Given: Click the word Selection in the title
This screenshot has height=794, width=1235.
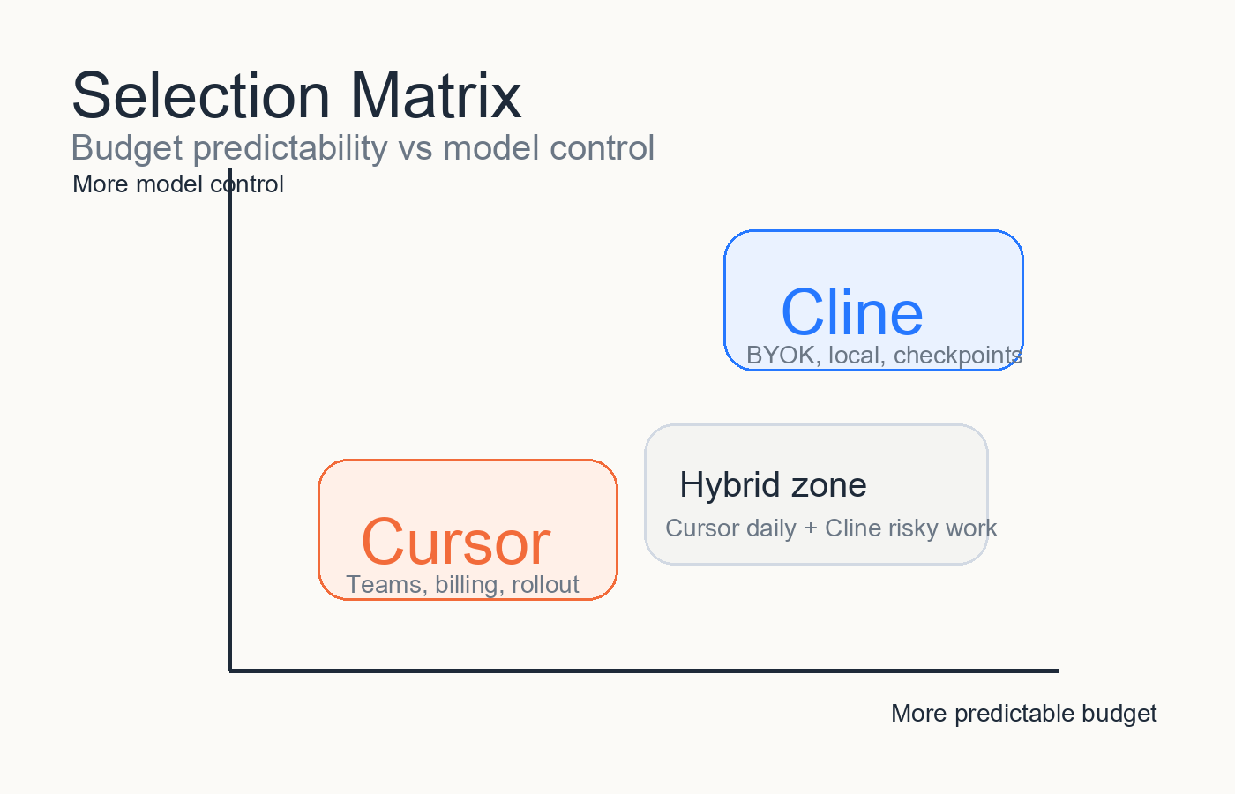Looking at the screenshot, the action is click(x=201, y=95).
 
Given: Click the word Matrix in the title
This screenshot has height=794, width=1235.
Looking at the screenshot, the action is click(x=436, y=95).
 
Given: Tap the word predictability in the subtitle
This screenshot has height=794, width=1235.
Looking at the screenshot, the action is click(x=290, y=148).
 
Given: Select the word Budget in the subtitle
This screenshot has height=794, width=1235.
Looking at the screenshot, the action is click(x=127, y=148).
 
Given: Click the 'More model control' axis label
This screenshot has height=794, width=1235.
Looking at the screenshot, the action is click(x=178, y=184).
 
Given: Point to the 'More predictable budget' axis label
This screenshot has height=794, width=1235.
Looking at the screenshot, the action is click(x=1024, y=714).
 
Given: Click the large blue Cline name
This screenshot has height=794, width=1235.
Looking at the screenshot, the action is click(x=852, y=312).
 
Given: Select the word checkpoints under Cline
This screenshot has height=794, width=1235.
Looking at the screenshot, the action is click(x=958, y=356).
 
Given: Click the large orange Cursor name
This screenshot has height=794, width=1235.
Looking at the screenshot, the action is click(x=455, y=542).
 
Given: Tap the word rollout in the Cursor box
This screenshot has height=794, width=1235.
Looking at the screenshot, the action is click(x=545, y=585).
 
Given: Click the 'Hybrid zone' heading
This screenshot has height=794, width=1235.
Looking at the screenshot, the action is click(x=773, y=485).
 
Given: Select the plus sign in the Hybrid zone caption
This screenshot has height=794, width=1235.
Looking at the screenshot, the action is click(x=811, y=528).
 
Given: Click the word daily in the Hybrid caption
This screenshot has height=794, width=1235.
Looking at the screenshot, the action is click(x=771, y=528).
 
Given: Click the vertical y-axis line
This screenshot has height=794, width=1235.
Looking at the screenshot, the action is click(x=230, y=420).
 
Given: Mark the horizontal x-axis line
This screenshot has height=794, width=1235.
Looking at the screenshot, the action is click(x=644, y=670).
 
